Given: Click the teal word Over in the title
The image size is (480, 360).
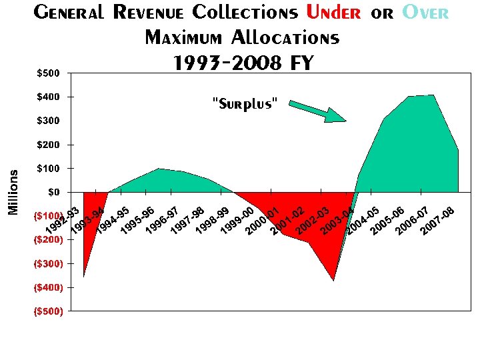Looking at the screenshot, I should point(423,13).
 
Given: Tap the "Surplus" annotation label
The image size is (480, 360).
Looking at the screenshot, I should point(244,104).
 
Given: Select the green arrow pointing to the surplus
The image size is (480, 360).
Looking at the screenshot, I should point(317,111).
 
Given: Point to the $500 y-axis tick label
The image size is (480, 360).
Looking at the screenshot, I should point(48,73).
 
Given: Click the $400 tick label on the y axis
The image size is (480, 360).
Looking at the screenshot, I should point(48,97).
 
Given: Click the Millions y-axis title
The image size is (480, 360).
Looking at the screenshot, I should point(13,191).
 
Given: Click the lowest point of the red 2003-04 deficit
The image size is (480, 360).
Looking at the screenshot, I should point(334,281).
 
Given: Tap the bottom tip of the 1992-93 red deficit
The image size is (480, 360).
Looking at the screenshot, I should point(83,276).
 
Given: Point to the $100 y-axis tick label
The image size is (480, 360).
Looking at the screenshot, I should point(48,168).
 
